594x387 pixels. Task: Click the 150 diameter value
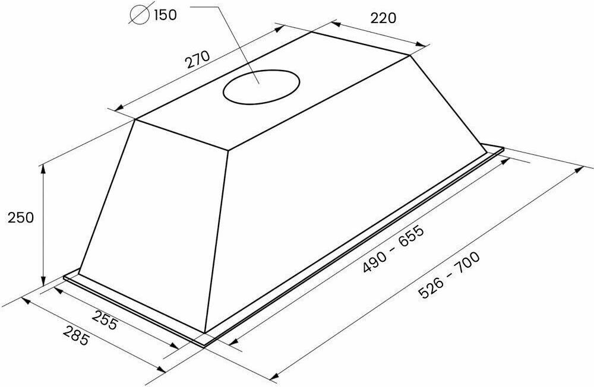(x=165, y=15)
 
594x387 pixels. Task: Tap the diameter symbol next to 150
(x=138, y=14)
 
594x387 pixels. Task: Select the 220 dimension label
(x=383, y=18)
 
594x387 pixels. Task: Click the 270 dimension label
(x=197, y=59)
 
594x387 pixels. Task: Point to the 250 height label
(x=21, y=218)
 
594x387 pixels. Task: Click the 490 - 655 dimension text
(x=393, y=249)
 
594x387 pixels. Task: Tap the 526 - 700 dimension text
(x=449, y=275)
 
